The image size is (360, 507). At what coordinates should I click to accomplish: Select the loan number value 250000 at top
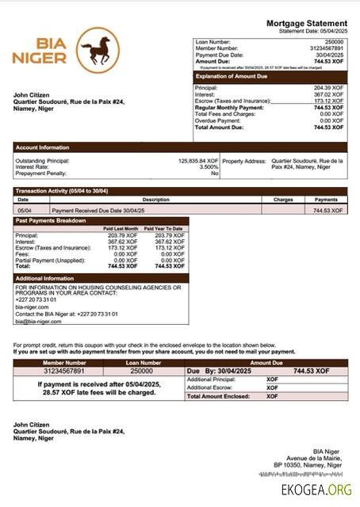[x=334, y=41]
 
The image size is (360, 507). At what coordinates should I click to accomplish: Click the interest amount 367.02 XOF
[x=328, y=94]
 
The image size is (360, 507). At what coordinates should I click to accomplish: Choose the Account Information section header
[x=42, y=147]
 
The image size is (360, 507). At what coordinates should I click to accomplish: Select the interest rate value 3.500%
[x=208, y=166]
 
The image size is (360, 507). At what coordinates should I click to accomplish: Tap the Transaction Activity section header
[x=62, y=191]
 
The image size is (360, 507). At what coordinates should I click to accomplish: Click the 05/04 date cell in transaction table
[x=24, y=211]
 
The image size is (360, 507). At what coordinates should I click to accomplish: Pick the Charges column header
[x=283, y=200]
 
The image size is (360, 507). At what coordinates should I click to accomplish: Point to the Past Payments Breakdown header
[x=50, y=220]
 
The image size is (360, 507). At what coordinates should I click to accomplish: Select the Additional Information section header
[x=44, y=278]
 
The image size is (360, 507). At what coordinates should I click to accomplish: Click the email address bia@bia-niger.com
[x=38, y=322]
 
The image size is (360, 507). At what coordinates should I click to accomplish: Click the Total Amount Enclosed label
[x=216, y=395]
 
